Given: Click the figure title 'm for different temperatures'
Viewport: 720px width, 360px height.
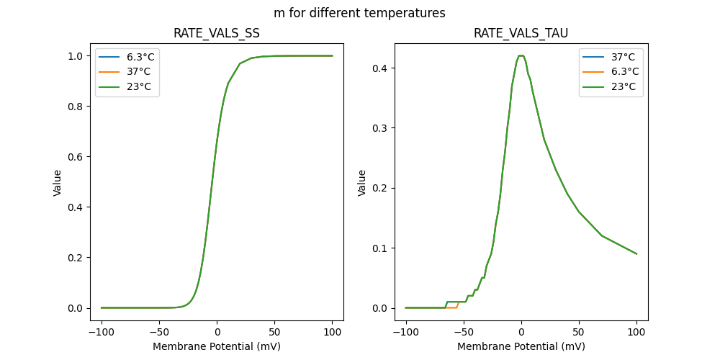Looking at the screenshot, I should coord(359,13).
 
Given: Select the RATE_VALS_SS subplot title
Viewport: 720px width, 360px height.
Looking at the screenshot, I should coord(217,34).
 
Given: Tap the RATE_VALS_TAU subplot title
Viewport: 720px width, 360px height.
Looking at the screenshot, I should coord(521,34).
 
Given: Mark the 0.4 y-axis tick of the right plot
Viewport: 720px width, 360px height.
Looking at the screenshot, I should coord(382,68).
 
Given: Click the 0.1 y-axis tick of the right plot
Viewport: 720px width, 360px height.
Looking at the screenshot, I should coord(382,248).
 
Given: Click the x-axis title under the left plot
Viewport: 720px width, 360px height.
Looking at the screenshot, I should coord(217,346).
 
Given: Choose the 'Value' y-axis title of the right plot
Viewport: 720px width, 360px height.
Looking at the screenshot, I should coord(362,183).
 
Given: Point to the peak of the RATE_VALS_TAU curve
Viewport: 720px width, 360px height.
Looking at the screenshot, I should coord(521,55).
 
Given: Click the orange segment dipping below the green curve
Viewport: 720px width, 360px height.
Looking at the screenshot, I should coord(451,307).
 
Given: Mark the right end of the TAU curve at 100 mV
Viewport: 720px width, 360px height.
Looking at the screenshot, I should coord(636,253).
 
